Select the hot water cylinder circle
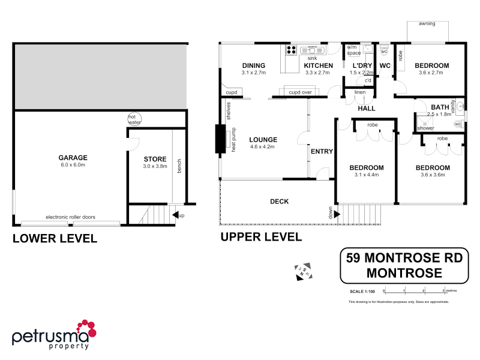point(133,119)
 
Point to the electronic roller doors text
point(70,217)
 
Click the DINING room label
point(253,65)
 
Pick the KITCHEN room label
point(317,65)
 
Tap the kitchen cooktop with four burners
point(292,50)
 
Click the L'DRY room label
point(362,65)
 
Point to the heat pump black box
point(219,139)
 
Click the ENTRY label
point(322,151)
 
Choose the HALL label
point(366,109)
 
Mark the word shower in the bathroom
point(425,128)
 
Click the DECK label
point(279,202)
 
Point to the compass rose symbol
point(302,271)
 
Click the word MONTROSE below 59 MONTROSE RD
point(404,273)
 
